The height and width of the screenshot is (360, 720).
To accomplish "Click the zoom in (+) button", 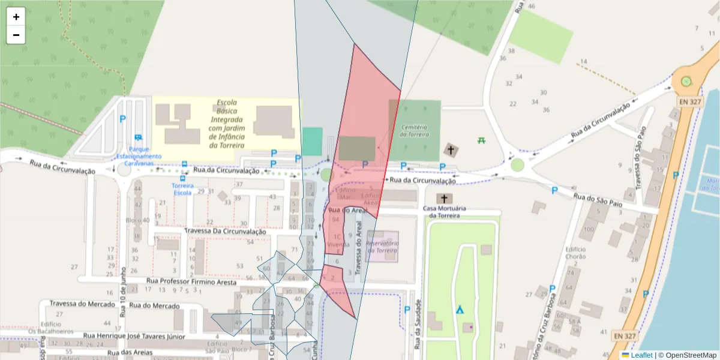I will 16,17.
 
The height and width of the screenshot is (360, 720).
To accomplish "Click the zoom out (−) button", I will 16,35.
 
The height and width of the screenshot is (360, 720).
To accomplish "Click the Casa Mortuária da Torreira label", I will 445,212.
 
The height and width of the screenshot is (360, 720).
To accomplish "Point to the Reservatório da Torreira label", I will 382,247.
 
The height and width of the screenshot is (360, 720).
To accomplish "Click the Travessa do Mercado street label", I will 82,304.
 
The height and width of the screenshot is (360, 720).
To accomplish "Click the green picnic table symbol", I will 481,140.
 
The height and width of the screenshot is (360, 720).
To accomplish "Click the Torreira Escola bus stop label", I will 182,189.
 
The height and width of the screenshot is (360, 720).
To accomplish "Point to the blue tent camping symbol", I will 459,310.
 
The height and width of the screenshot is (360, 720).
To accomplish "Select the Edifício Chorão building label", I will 575,253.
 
